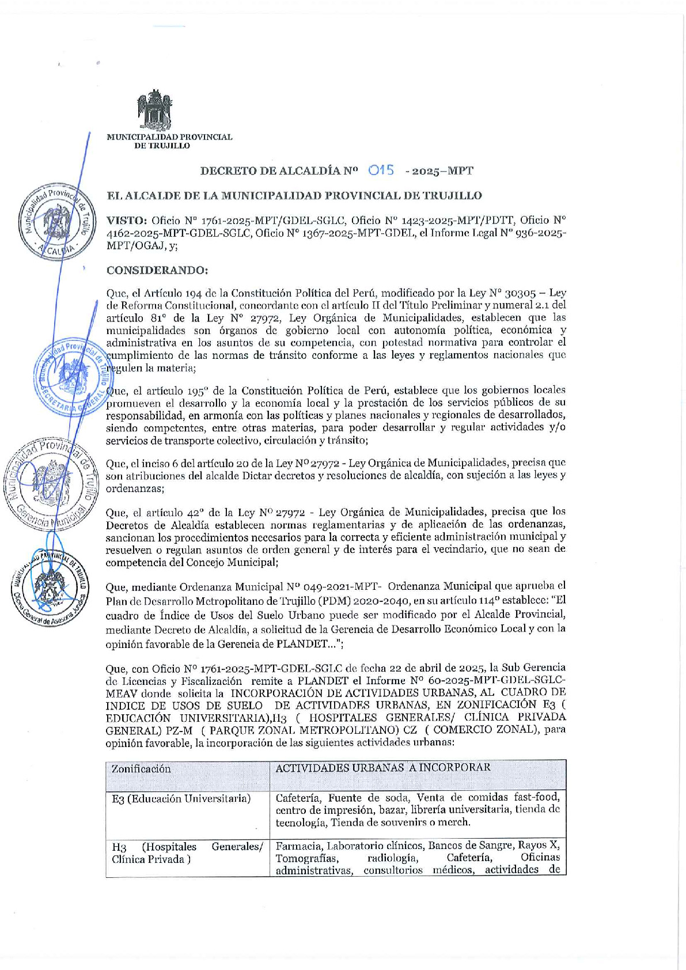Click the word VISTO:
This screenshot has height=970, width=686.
[127, 220]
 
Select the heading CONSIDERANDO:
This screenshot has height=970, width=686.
[157, 270]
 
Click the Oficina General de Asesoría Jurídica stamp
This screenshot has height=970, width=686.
[50, 586]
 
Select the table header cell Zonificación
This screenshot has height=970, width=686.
[141, 769]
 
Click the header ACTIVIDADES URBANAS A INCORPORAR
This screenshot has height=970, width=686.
[383, 768]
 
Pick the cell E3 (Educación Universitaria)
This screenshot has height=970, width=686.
[181, 799]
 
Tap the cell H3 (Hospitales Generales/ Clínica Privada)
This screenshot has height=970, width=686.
[187, 853]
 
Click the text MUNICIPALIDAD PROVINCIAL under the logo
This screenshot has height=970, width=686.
[169, 137]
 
